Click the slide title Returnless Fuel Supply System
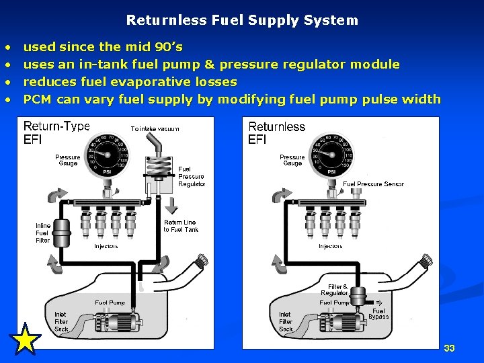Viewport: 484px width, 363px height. point(242,20)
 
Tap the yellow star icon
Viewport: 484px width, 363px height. point(26,339)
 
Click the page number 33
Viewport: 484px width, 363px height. point(449,348)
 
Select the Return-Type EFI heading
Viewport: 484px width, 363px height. point(56,132)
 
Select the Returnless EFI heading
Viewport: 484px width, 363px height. point(276,132)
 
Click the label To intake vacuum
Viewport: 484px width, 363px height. point(155,128)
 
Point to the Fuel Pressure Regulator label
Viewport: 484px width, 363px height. point(192,177)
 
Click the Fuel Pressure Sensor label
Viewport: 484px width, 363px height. point(373,184)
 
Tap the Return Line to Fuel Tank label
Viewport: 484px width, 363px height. point(180,226)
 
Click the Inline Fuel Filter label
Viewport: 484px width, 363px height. point(42,233)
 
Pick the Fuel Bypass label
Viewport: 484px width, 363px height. point(378,314)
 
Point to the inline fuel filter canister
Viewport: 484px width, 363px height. point(62,233)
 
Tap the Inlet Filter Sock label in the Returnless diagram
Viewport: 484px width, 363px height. point(286,321)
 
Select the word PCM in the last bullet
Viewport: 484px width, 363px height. point(38,99)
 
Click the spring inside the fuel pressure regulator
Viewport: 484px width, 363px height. point(156,165)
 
